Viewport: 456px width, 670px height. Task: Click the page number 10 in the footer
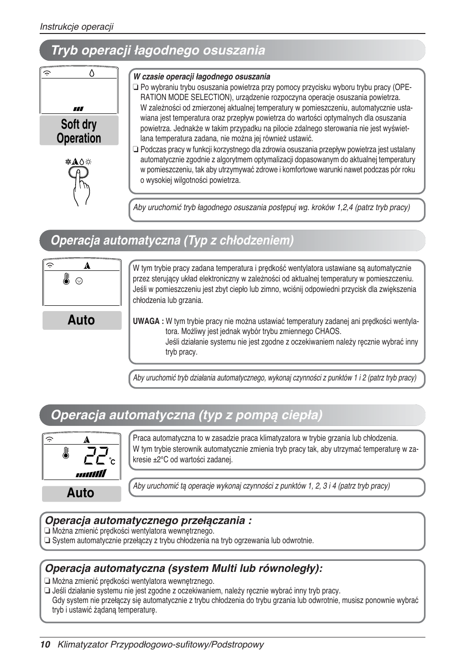click(45, 644)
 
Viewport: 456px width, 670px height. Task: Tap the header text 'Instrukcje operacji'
click(76, 27)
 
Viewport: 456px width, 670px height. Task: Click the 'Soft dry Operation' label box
click(79, 131)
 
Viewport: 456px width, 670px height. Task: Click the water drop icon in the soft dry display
click(92, 73)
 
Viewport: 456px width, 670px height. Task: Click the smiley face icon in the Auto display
click(79, 281)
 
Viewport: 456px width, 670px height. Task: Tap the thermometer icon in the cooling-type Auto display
click(66, 279)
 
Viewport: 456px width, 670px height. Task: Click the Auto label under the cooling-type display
click(81, 320)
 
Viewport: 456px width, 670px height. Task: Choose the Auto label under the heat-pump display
click(81, 493)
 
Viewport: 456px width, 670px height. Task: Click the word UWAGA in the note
click(148, 321)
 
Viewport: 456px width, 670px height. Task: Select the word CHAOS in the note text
click(328, 331)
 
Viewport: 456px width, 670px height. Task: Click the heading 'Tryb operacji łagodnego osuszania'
click(158, 50)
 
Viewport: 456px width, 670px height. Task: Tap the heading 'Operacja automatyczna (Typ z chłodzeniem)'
click(172, 240)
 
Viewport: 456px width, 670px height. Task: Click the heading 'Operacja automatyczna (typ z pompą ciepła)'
click(186, 415)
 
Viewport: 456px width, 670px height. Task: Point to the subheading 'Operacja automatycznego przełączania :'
click(148, 520)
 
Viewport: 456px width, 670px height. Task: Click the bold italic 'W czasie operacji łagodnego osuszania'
click(202, 77)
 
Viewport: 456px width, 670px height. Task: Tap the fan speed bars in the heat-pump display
click(91, 474)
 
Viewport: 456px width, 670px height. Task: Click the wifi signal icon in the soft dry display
click(47, 73)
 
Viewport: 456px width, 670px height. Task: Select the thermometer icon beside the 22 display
click(66, 453)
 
